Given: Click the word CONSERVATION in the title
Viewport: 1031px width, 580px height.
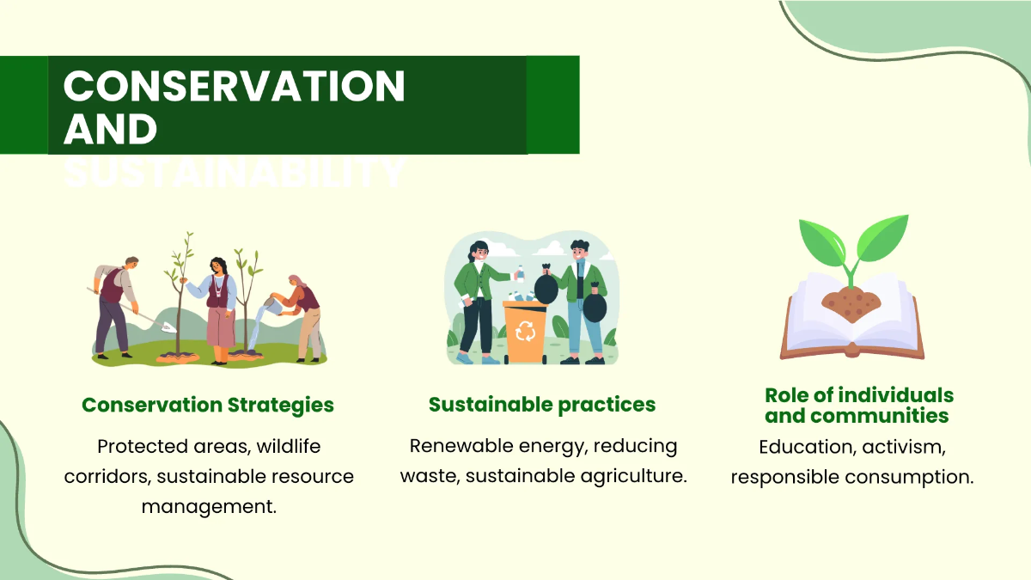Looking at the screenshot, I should (234, 87).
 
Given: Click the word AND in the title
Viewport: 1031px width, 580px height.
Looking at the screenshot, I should (111, 129).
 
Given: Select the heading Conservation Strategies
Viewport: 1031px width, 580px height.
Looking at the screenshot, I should (208, 405).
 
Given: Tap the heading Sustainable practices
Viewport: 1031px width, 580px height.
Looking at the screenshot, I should (542, 405).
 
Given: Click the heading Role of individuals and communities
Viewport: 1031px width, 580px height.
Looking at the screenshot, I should (858, 406).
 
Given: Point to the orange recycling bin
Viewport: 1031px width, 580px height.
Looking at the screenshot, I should (525, 331).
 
